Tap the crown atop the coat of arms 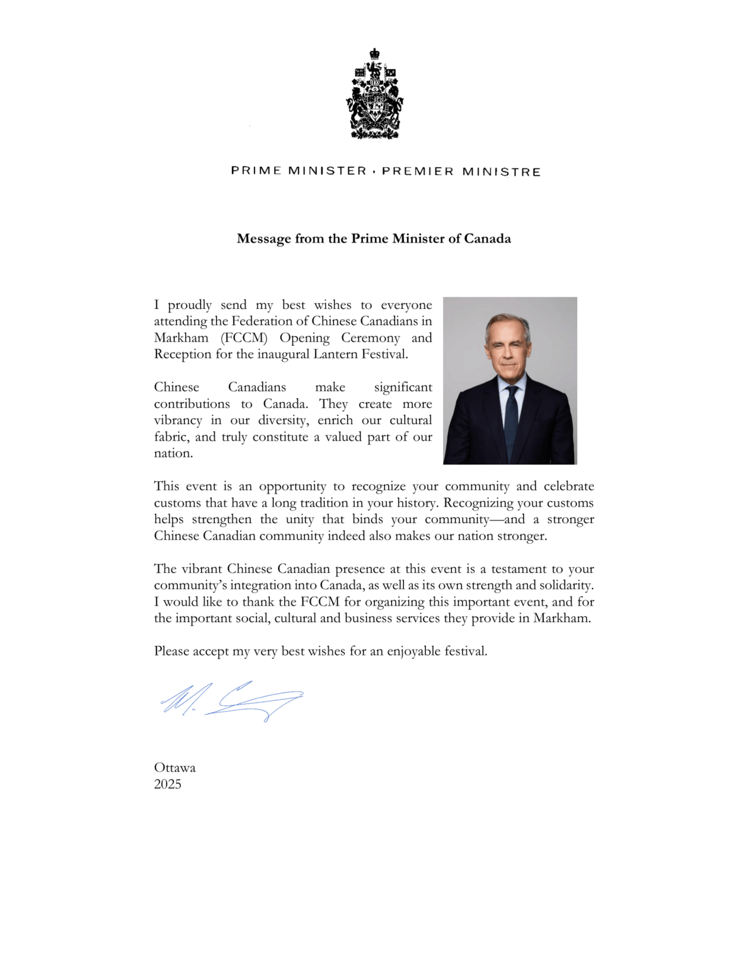pyautogui.click(x=374, y=54)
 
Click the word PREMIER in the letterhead pyautogui.click(x=417, y=171)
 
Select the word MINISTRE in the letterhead pyautogui.click(x=502, y=171)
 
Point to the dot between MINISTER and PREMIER pyautogui.click(x=374, y=171)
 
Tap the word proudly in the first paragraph pyautogui.click(x=190, y=306)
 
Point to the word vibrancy pyautogui.click(x=178, y=421)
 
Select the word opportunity pyautogui.click(x=292, y=487)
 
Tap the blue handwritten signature pyautogui.click(x=231, y=700)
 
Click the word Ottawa pyautogui.click(x=175, y=768)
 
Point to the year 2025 pyautogui.click(x=168, y=785)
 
